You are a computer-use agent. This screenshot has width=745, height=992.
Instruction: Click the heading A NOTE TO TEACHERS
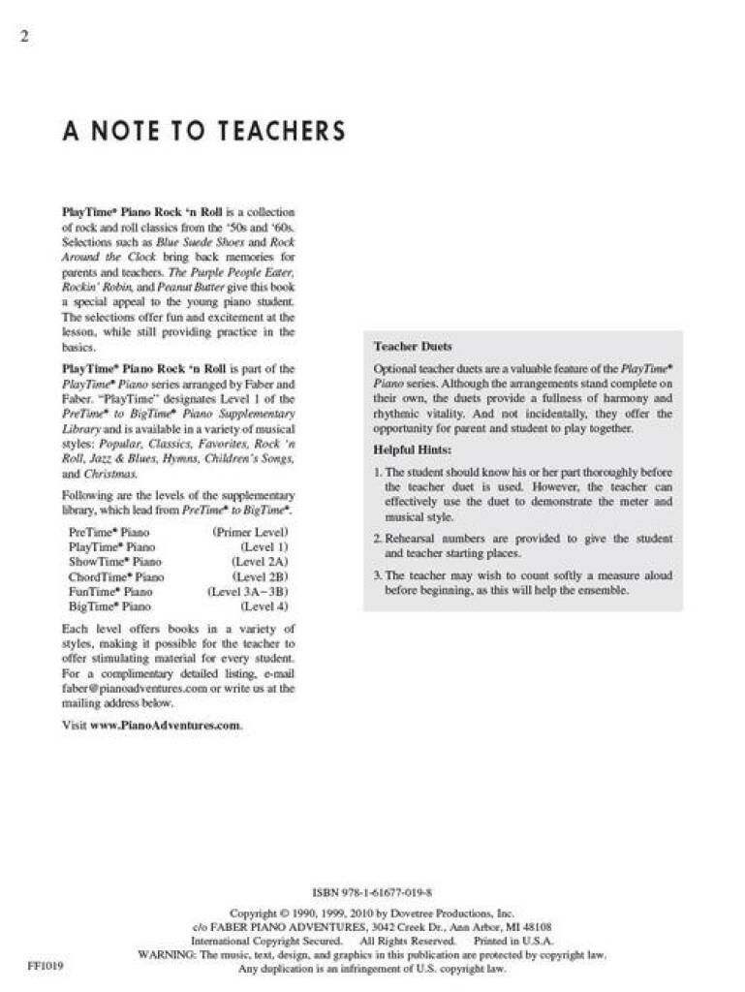203,130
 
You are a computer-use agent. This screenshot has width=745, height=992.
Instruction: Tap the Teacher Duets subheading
413,346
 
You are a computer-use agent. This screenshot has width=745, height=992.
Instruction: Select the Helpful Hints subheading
413,449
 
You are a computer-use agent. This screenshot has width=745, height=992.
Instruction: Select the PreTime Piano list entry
109,532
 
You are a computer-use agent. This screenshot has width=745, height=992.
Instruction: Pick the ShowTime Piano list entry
114,561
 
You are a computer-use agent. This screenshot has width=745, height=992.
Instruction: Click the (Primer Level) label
250,532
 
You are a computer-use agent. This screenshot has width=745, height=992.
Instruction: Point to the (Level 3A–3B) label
248,591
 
